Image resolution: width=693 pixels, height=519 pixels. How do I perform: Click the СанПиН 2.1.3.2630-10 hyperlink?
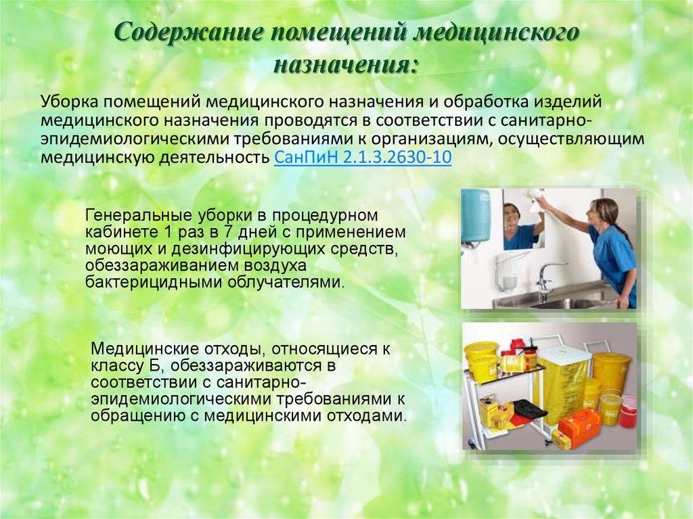363,158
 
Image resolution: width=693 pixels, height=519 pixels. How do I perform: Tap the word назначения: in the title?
346,65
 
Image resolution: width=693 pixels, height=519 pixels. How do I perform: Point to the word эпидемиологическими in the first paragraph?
134,139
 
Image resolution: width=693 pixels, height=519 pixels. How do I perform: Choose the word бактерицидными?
154,282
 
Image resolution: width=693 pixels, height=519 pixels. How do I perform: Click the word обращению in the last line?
138,416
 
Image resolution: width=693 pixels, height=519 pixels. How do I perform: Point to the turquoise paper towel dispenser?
476,217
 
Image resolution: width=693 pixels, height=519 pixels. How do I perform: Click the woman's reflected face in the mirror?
513,215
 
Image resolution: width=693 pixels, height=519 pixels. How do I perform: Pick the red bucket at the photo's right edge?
627,411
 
